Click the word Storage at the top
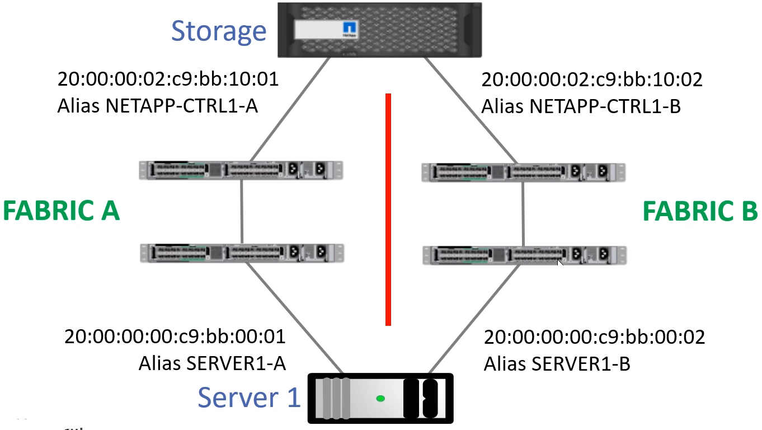click(219, 31)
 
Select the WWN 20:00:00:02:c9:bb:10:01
click(168, 79)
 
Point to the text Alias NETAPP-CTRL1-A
click(158, 105)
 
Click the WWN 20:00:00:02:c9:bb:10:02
click(592, 79)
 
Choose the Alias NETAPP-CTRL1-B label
click(581, 106)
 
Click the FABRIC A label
click(62, 211)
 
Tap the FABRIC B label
click(700, 211)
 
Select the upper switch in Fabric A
click(241, 170)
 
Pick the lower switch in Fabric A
click(242, 253)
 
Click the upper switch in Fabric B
click(523, 172)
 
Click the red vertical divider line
click(388, 209)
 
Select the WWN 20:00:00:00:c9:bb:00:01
click(175, 336)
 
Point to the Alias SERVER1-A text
click(212, 363)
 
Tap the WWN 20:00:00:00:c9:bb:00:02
click(594, 337)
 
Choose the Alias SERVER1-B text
click(557, 364)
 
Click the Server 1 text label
click(249, 397)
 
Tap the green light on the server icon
click(380, 399)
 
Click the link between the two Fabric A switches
click(241, 212)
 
